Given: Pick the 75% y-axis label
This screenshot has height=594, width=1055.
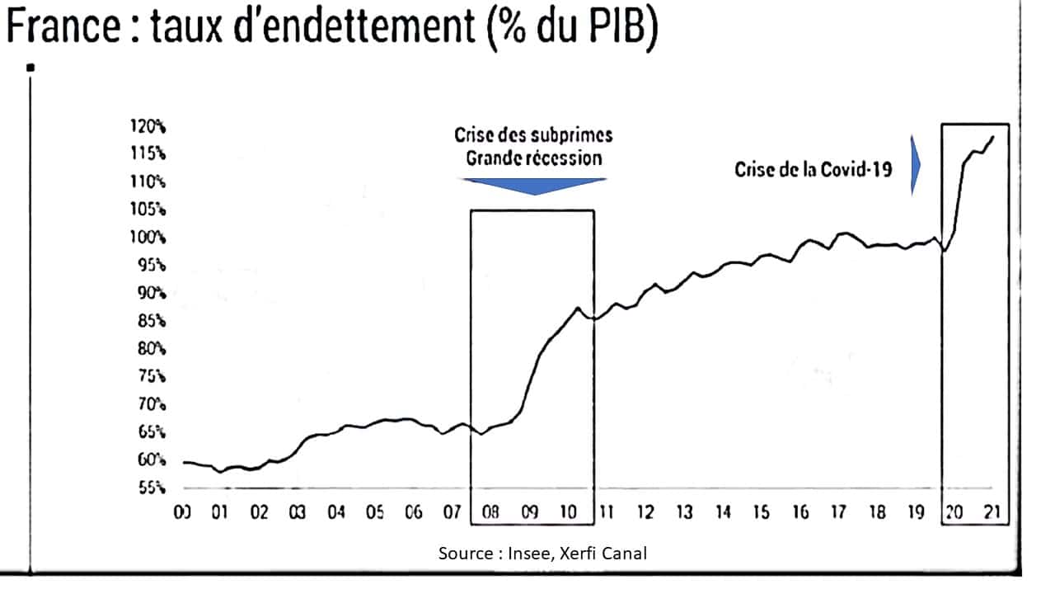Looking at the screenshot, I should point(152,376).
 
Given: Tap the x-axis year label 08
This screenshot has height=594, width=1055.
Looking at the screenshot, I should point(490,513).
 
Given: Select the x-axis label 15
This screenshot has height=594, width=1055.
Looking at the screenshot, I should point(762,513).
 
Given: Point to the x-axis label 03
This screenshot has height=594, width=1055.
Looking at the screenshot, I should point(297,513).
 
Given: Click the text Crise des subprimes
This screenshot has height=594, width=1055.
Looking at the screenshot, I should point(533,135).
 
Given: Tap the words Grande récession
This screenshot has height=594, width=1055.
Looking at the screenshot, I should point(533,158).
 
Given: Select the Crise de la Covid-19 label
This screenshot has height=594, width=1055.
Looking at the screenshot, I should point(813,170).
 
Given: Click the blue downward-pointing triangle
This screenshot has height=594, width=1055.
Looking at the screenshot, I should point(534,186).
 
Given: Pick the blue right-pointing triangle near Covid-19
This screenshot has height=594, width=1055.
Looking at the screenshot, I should point(915,165).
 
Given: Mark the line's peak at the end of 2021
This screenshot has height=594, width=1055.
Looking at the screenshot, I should point(993,137).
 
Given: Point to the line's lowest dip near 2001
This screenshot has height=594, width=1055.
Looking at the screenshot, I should point(220,472).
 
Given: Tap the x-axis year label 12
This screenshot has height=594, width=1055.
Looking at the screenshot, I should point(645,513).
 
